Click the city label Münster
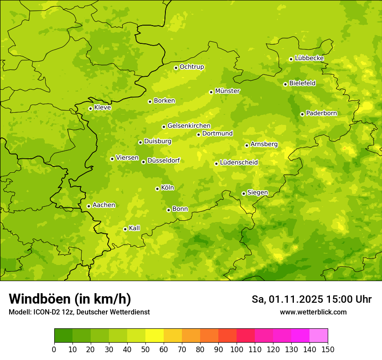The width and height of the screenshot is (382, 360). pyautogui.click(x=227, y=91)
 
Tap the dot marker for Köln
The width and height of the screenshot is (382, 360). pyautogui.click(x=157, y=189)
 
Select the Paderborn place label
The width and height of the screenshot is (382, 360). pyautogui.click(x=321, y=113)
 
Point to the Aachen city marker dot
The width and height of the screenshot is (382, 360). pyautogui.click(x=89, y=206)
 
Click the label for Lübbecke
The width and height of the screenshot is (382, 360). pyautogui.click(x=309, y=58)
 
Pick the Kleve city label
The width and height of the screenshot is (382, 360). pyautogui.click(x=102, y=108)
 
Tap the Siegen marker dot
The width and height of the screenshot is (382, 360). pyautogui.click(x=244, y=193)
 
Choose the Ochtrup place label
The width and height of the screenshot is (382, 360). pyautogui.click(x=191, y=67)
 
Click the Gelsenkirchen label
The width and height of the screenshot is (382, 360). pyautogui.click(x=189, y=126)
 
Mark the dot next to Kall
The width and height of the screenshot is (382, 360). pyautogui.click(x=125, y=229)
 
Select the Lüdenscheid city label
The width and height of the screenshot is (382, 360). pyautogui.click(x=239, y=163)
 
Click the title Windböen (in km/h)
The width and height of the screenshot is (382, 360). pyautogui.click(x=70, y=299)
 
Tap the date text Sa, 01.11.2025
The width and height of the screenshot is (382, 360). pyautogui.click(x=287, y=299)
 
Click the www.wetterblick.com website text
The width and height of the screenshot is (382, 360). pyautogui.click(x=313, y=312)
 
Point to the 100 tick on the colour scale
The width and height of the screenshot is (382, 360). pyautogui.click(x=237, y=350)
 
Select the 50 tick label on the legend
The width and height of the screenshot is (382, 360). pyautogui.click(x=145, y=350)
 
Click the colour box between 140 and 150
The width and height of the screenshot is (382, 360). pyautogui.click(x=319, y=336)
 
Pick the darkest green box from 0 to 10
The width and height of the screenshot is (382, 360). pyautogui.click(x=63, y=336)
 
